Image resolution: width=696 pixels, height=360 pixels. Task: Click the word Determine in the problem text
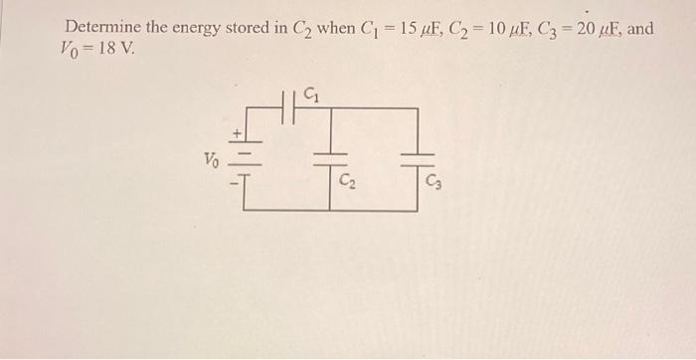[102, 28]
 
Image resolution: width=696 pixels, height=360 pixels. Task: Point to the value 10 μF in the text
[505, 28]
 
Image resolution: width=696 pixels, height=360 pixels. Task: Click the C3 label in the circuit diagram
[434, 182]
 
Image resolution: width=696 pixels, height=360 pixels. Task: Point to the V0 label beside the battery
[211, 159]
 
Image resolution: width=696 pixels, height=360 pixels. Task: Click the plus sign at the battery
[237, 131]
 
